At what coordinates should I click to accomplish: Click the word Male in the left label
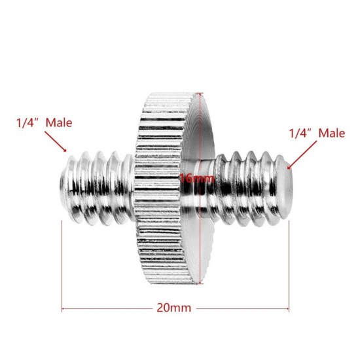point(60,122)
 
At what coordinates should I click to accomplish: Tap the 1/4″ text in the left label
point(29,122)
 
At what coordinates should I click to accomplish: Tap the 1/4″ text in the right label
point(302,134)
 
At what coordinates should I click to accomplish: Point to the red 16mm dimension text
point(197,179)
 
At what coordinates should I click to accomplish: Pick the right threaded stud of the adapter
point(249,187)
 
